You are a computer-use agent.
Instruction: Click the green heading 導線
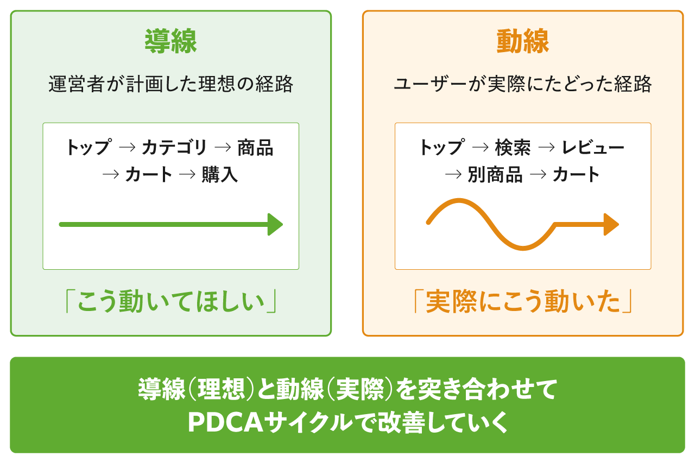(170, 41)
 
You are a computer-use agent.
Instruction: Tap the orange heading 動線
(522, 41)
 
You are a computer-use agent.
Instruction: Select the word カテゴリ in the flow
(174, 148)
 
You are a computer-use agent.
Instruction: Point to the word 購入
(220, 175)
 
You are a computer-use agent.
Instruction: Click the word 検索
(513, 148)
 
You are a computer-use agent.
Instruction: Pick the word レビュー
(593, 148)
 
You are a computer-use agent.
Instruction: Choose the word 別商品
(495, 175)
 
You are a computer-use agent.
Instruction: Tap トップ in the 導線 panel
(88, 148)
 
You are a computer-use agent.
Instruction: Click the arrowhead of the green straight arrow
(275, 224)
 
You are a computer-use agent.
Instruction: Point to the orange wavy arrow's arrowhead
(611, 224)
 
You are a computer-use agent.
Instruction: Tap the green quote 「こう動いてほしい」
(170, 302)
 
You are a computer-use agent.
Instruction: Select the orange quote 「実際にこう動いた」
(522, 302)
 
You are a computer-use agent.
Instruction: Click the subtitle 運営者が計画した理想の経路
(170, 85)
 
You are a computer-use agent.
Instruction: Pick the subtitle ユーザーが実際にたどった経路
(522, 85)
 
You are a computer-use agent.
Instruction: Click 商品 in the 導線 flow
(255, 148)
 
